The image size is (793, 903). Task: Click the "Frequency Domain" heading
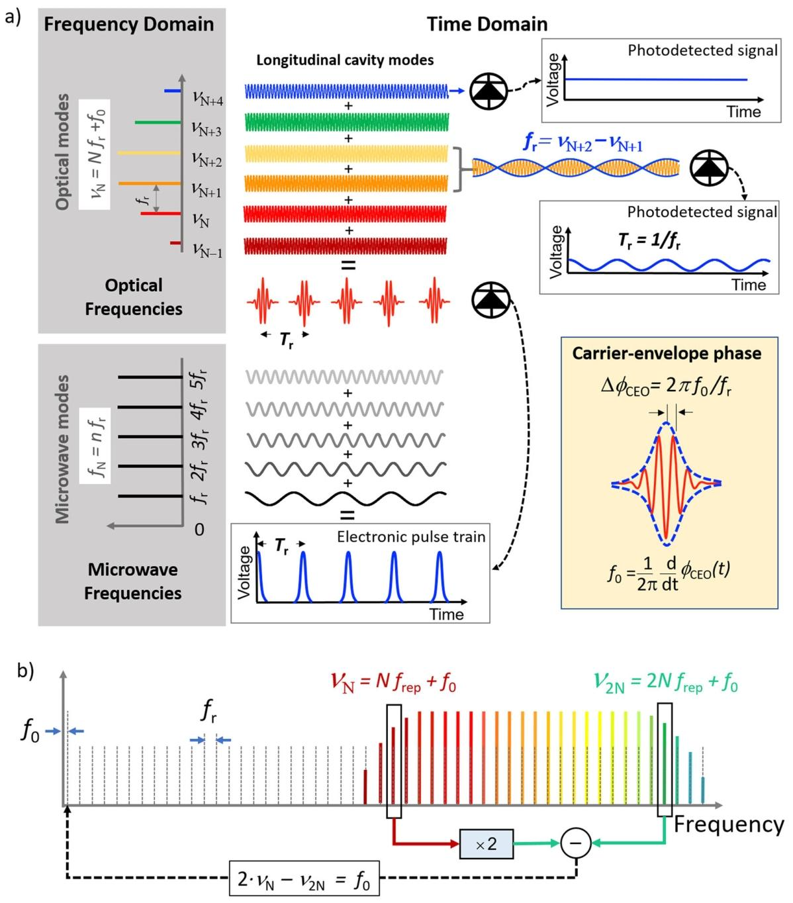pyautogui.click(x=128, y=24)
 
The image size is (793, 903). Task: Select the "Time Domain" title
pyautogui.click(x=487, y=24)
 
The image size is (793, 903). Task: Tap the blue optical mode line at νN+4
pyautogui.click(x=173, y=91)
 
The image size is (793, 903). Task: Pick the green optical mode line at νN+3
pyautogui.click(x=158, y=122)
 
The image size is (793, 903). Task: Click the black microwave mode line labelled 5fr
pyautogui.click(x=150, y=377)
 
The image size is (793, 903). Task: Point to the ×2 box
pyautogui.click(x=487, y=843)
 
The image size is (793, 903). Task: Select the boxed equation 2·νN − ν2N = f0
pyautogui.click(x=304, y=878)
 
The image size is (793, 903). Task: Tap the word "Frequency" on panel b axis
pyautogui.click(x=728, y=824)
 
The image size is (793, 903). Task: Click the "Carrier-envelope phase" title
pyautogui.click(x=667, y=354)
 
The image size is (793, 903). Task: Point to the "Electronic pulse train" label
pyautogui.click(x=411, y=537)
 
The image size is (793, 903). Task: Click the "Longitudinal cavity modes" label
pyautogui.click(x=345, y=60)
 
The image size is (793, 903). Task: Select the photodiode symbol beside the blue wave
pyautogui.click(x=489, y=91)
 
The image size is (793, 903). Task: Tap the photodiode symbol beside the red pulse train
pyautogui.click(x=490, y=300)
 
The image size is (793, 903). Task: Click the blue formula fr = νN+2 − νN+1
pyautogui.click(x=583, y=144)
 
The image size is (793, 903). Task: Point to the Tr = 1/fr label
pyautogui.click(x=649, y=242)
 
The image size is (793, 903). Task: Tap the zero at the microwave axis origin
pyautogui.click(x=199, y=529)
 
